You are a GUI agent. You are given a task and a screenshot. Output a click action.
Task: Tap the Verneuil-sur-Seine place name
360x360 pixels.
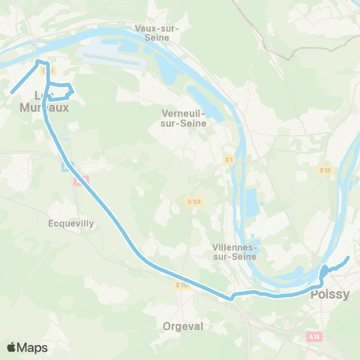pyautogui.click(x=178, y=118)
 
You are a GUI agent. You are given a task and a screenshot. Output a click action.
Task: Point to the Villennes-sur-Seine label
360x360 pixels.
pyautogui.click(x=235, y=251)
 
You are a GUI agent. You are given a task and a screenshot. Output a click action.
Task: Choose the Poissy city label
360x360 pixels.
pyautogui.click(x=330, y=295)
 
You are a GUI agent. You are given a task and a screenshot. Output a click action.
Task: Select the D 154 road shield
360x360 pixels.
pyautogui.click(x=194, y=201)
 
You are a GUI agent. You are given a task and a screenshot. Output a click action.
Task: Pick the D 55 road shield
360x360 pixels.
pyautogui.click(x=325, y=170)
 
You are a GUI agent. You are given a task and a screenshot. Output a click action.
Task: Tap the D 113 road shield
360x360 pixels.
pyautogui.click(x=181, y=285)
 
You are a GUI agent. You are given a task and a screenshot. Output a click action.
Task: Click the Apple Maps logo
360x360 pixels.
pyautogui.click(x=27, y=347)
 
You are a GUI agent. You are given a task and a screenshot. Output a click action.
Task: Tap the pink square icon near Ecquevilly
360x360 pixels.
pyautogui.click(x=81, y=180)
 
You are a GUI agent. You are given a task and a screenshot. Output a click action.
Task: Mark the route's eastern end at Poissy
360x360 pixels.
pyautogui.click(x=348, y=259)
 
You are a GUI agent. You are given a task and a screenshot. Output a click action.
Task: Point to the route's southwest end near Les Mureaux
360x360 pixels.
pyautogui.click(x=12, y=92)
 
